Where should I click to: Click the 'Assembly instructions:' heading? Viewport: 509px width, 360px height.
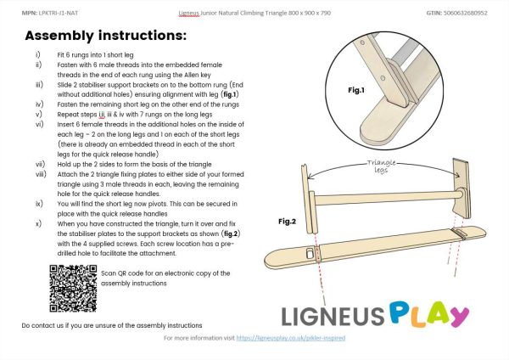coord(105,37)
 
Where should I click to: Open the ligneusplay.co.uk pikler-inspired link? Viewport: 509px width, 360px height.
coord(290,338)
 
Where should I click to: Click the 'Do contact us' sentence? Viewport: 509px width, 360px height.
coord(111,325)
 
